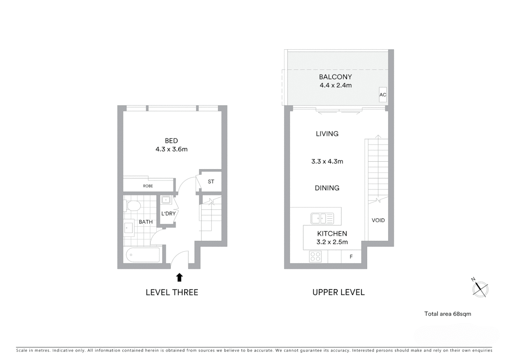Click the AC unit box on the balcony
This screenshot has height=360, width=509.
coord(383,95)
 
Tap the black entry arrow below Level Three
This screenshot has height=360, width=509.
coord(179,277)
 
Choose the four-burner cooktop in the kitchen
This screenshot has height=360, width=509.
coord(315,257)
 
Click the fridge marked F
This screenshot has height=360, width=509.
coord(351,257)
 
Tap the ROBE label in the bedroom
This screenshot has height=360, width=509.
coord(148,186)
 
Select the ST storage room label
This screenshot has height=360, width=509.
coord(211,182)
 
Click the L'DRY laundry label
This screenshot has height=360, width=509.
coord(168,214)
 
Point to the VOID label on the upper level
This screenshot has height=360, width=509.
coord(378,220)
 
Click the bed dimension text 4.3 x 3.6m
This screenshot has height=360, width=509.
coord(172,149)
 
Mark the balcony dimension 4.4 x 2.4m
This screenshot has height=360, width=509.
coord(335,85)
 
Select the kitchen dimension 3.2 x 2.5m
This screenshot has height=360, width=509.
coord(332,242)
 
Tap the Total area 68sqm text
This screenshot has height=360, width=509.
coord(447,314)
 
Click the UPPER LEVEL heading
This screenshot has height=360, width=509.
coord(338,292)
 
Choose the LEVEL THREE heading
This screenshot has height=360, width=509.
coord(172,292)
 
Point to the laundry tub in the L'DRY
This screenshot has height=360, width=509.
coord(166,200)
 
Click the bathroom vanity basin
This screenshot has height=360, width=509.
coord(129,229)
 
